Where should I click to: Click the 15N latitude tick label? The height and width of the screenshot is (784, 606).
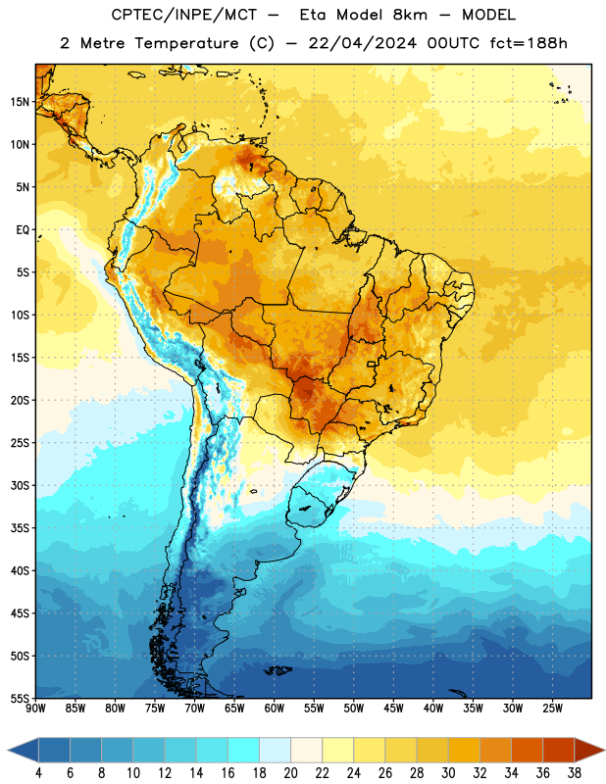20,102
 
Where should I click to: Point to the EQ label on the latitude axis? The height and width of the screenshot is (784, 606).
23,230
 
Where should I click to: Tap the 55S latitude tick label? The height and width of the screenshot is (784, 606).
20,698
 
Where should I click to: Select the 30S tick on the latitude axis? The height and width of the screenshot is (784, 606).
20,485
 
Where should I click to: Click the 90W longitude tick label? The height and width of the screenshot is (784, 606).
35,708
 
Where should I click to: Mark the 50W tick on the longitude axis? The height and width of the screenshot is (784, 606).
354,708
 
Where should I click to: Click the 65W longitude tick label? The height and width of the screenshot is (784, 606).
234,708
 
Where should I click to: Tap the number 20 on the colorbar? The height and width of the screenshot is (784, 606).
290,773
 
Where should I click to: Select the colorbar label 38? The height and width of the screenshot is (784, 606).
575,773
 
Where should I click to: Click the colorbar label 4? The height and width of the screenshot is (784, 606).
38,773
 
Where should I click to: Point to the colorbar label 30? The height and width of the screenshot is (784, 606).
448,773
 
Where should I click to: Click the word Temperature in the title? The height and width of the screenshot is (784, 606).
186,43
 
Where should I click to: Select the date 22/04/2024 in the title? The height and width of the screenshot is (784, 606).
362,43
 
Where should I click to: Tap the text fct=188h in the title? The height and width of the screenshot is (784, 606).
529,43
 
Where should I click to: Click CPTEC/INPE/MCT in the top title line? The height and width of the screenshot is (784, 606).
183,15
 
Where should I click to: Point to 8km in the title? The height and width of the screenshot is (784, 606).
410,15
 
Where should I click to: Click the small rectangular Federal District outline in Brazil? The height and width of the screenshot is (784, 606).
372,365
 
